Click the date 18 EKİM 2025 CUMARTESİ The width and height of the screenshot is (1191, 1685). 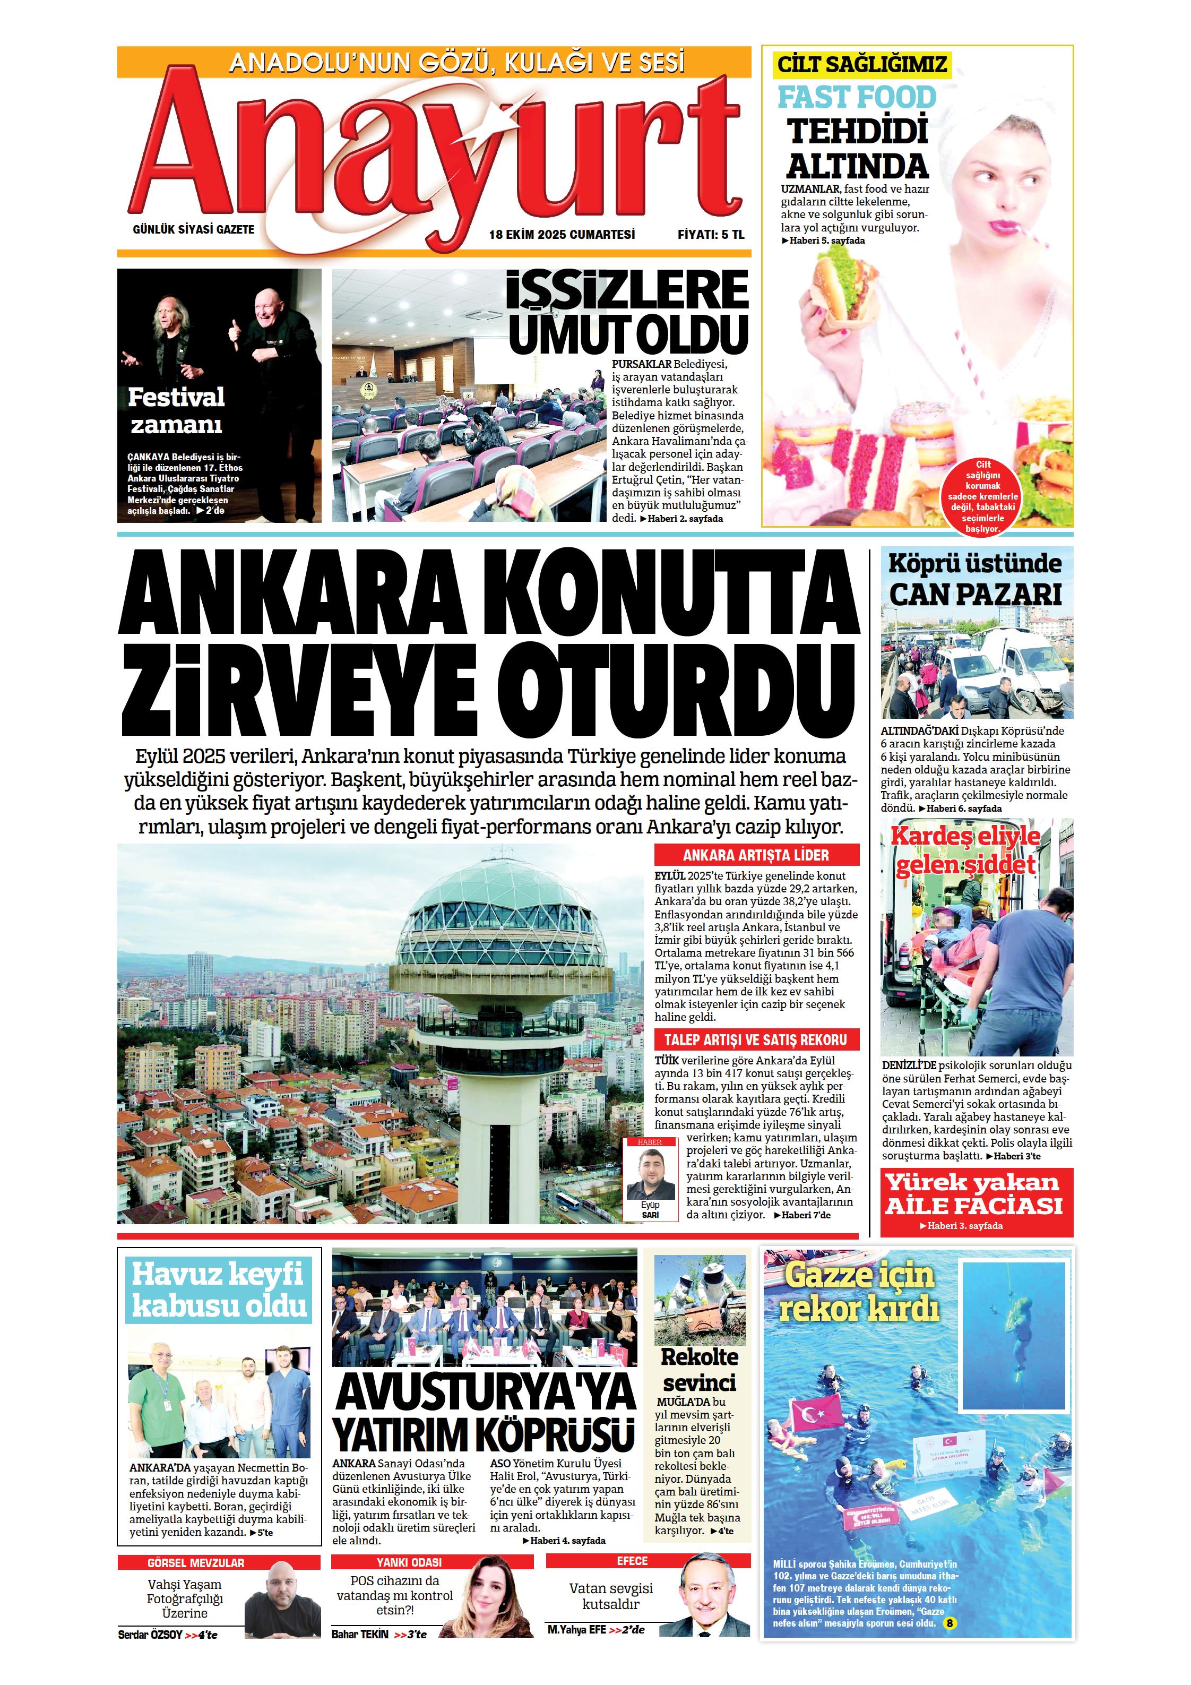point(562,235)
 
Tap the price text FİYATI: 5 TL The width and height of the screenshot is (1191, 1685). point(710,235)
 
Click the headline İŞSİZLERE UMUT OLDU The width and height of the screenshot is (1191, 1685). point(627,312)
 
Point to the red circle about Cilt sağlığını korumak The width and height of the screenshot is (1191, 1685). point(982,496)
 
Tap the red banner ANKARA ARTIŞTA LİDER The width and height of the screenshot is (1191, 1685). point(756,855)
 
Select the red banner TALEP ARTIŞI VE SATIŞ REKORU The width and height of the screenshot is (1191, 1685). point(756,1040)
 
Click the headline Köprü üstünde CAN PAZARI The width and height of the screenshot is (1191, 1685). point(976,580)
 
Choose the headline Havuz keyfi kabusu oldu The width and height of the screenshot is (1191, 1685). point(219,1290)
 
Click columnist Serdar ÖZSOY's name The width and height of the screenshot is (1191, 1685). point(150,1635)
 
